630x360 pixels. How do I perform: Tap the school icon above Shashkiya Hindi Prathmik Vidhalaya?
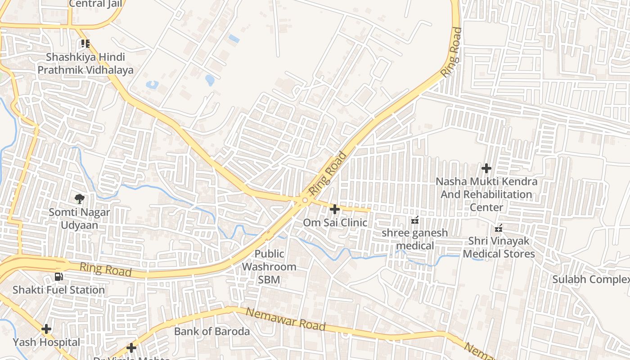(85, 44)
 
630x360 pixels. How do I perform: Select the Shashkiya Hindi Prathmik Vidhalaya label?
(85, 64)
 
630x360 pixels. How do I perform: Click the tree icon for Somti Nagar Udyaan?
(80, 198)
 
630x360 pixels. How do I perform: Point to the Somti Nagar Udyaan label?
(80, 218)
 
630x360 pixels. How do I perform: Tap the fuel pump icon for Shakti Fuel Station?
(59, 277)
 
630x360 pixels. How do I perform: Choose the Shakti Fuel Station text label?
(58, 290)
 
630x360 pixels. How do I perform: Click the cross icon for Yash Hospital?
(46, 329)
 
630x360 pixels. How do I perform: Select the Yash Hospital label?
(46, 342)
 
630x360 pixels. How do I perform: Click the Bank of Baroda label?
(212, 332)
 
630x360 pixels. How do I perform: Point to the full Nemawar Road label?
(286, 319)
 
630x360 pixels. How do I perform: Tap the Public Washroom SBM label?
(269, 266)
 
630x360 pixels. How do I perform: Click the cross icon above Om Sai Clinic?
(335, 209)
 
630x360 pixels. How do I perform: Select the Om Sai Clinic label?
(335, 223)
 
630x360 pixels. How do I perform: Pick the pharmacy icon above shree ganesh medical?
(415, 220)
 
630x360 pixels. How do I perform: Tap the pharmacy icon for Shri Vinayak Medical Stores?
(499, 229)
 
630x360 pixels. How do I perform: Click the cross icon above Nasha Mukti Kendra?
(486, 169)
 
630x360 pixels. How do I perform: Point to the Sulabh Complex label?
(591, 279)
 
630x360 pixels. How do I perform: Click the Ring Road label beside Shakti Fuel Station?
(106, 270)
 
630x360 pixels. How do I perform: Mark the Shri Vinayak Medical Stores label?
(499, 247)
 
